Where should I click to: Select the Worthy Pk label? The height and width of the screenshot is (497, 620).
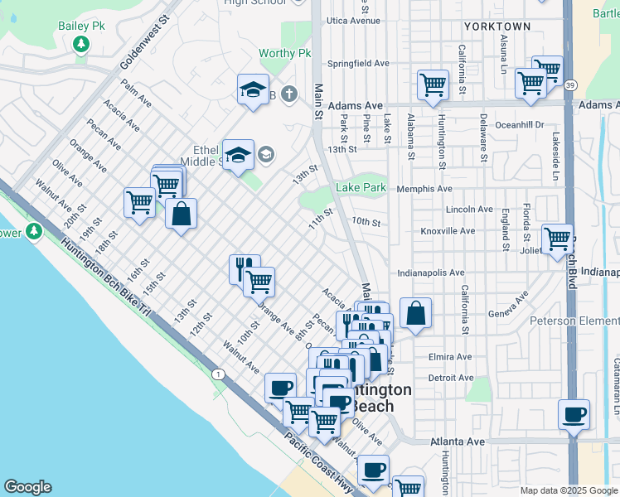point(284,54)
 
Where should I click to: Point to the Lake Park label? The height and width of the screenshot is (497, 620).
point(361,188)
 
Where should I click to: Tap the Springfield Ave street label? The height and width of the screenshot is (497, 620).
point(358,63)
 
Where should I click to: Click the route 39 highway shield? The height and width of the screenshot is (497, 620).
point(570,85)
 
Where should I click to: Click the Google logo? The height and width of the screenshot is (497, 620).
point(27,487)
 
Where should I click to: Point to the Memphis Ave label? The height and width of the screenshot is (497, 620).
point(424,189)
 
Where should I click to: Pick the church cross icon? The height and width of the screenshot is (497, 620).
point(288,94)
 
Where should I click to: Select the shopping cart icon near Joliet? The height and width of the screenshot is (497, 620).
point(558,239)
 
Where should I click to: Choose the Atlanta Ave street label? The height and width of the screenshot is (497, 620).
point(458,442)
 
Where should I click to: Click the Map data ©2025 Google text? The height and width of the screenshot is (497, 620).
point(568,490)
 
